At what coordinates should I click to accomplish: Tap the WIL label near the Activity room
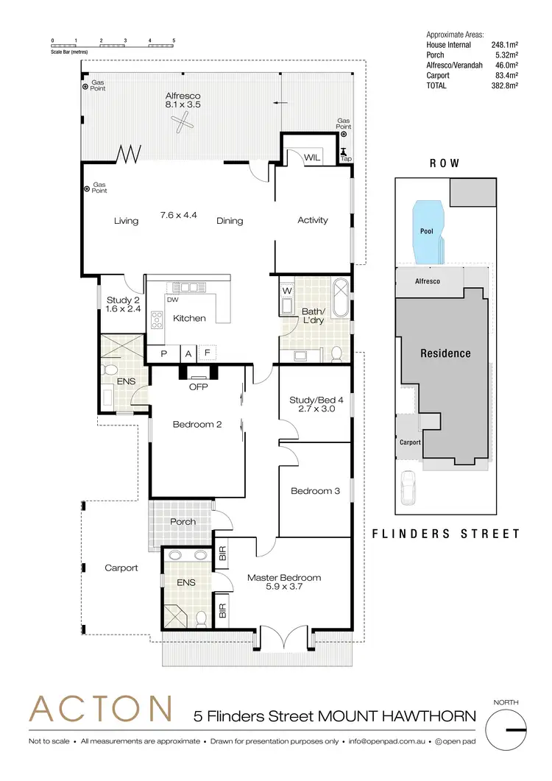(x=312, y=158)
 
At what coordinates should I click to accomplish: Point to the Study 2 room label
(x=122, y=300)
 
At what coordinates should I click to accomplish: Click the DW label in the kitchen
(x=171, y=300)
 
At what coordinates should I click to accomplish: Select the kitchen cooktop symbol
(x=157, y=319)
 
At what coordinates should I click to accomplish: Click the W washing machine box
(x=286, y=290)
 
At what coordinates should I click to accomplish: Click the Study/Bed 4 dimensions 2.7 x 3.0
(x=315, y=409)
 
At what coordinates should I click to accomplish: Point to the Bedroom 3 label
(x=315, y=491)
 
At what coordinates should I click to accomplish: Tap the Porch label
(x=183, y=522)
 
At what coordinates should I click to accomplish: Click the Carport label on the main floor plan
(x=121, y=568)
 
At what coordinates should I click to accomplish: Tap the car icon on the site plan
(x=409, y=487)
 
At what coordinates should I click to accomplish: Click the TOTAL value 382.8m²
(x=504, y=85)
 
